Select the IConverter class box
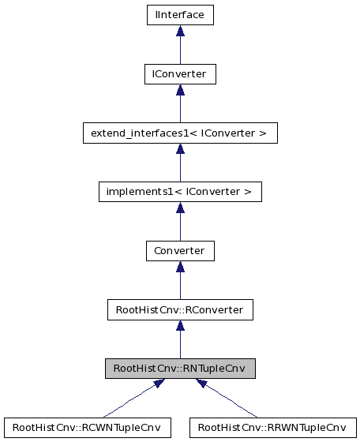coord(180,73)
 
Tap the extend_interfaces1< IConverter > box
coord(180,133)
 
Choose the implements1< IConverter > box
coord(180,192)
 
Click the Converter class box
coord(180,251)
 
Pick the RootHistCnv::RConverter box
coord(180,310)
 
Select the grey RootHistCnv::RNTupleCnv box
coord(180,369)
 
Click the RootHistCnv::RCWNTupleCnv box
coord(88,428)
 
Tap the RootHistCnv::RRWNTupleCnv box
coord(272,428)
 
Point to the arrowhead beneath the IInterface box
coord(180,31)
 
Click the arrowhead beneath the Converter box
coord(180,268)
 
